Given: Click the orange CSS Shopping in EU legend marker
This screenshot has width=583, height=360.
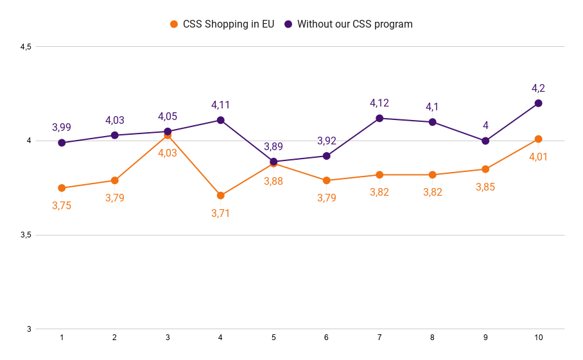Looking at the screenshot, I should point(174,24).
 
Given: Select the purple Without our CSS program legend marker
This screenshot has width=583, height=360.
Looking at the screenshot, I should point(288,24).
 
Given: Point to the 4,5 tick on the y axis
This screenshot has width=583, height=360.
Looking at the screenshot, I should point(26,47).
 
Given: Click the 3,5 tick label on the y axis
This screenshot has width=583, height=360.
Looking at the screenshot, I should point(26,236).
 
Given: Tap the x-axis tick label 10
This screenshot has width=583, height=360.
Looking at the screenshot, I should point(538,338).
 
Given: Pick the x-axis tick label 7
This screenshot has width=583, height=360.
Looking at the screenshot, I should point(379,338).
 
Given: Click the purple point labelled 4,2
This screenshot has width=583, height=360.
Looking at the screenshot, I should point(538,103).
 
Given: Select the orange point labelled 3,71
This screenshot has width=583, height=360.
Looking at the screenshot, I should point(220,196).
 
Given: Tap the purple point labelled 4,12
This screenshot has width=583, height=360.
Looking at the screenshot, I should point(379,118).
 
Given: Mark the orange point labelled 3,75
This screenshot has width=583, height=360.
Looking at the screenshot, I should point(62,188).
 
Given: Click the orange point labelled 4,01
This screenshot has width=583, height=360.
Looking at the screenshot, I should point(538,139).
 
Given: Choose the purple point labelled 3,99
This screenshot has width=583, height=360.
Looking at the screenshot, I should point(62,142).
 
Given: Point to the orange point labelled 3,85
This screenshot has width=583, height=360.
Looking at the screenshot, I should point(485,169).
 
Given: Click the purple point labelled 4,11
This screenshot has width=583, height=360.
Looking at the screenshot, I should point(220,120).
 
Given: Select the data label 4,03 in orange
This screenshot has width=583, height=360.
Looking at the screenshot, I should point(168,153).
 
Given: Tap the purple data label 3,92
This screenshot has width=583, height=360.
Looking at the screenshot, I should point(326,141).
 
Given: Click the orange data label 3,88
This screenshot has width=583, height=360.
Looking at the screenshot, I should point(274,181).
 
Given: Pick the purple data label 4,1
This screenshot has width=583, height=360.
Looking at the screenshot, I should point(432,107).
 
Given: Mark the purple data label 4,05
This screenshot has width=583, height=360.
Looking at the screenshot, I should point(168,117).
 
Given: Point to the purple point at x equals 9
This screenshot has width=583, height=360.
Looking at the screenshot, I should point(485,141).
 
